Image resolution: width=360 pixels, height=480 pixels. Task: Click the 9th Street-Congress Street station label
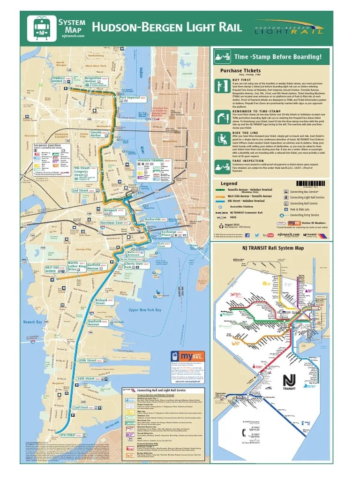[x=82, y=170]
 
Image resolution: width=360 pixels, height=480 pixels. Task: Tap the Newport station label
[x=111, y=211]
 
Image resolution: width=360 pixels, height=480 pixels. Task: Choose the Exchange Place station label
[x=169, y=233]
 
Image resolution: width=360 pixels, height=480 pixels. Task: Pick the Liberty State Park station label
[x=134, y=265]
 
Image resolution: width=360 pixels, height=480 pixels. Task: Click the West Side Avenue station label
[x=52, y=269]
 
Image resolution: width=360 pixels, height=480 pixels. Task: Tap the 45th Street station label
[x=87, y=360]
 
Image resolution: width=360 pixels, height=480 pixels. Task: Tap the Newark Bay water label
[x=32, y=322]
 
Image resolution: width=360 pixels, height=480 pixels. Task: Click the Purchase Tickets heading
[x=240, y=71]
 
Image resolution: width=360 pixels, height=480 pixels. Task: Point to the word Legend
[x=229, y=183]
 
